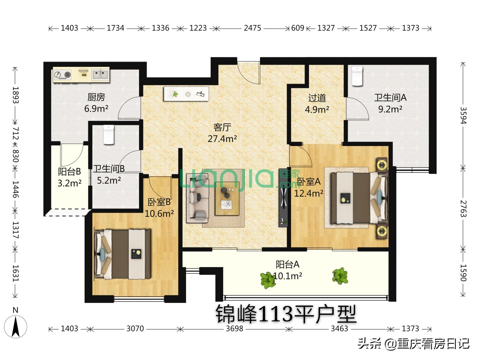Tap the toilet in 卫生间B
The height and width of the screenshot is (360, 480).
tap(109, 134)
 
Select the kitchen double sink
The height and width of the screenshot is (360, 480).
tap(100, 74)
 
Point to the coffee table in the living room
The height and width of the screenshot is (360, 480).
tap(227, 199)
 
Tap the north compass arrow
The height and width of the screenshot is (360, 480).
tap(16, 326)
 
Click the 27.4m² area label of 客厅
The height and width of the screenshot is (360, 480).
tap(222, 139)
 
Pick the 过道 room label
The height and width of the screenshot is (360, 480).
tap(317, 98)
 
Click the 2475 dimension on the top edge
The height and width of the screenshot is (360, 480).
tap(252, 28)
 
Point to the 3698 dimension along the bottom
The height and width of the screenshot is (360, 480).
tap(234, 329)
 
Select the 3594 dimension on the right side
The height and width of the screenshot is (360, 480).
tap(463, 115)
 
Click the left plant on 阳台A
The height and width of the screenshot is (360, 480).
tap(267, 280)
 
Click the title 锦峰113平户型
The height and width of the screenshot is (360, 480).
tap(286, 314)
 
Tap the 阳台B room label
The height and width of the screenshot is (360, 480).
tap(69, 172)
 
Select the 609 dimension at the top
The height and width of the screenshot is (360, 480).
tap(298, 28)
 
